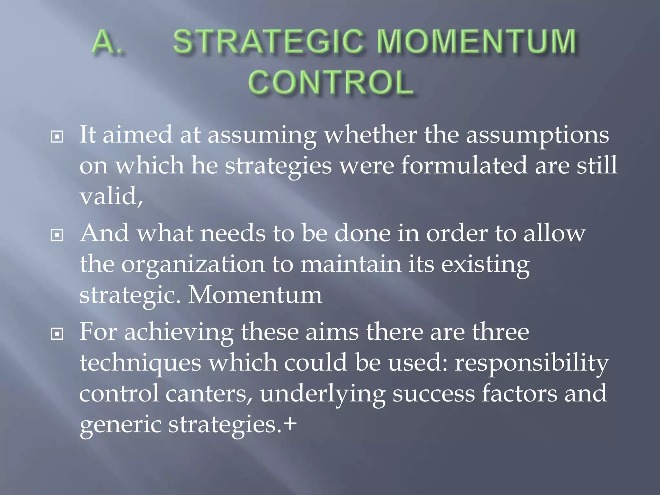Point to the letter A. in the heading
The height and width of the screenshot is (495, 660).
pyautogui.click(x=107, y=42)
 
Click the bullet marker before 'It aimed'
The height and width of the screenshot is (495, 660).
pyautogui.click(x=57, y=137)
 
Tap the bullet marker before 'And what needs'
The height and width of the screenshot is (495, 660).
pyautogui.click(x=57, y=236)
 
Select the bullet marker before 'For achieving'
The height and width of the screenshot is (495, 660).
pyautogui.click(x=57, y=334)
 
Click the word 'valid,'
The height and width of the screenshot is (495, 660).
pyautogui.click(x=111, y=196)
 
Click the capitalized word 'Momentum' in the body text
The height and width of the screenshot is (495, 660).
pyautogui.click(x=255, y=295)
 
